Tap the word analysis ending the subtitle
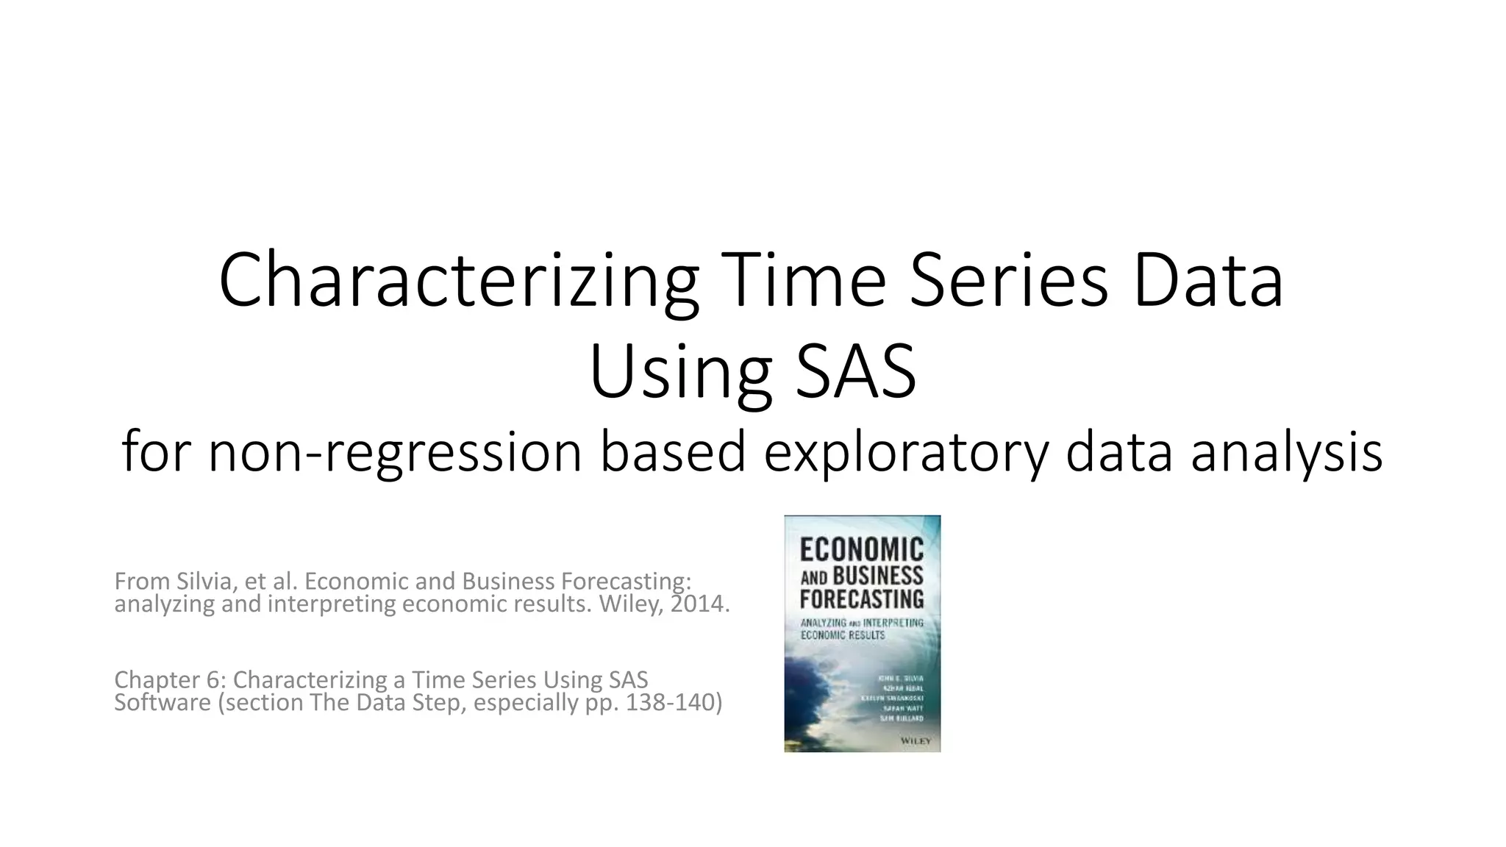pos(1287,453)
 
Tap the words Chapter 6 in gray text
pos(167,679)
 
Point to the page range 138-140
pos(669,703)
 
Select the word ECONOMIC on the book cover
pos(861,550)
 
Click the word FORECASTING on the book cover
pos(861,598)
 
